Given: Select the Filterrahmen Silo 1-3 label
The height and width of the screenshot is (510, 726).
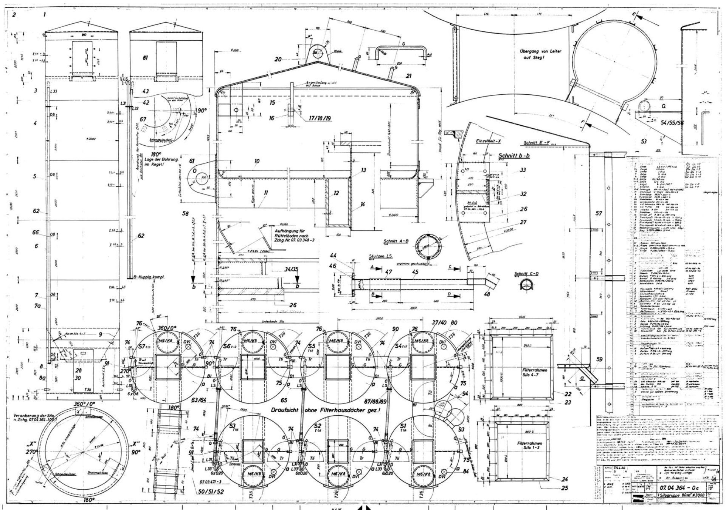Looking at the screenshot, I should point(531,446).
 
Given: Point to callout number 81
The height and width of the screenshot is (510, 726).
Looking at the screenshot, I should point(145,58).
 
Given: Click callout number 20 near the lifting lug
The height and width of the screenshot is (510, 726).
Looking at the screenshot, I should point(278,59).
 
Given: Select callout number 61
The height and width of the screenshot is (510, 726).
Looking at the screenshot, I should point(192,161).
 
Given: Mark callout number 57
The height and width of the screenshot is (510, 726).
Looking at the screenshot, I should point(599,214).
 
